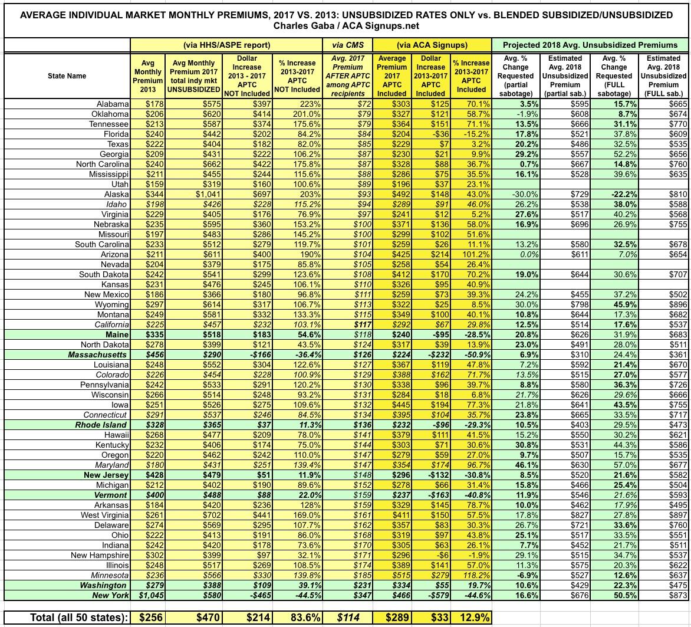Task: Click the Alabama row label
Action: pyautogui.click(x=113, y=104)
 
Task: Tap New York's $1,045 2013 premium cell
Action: pyautogui.click(x=146, y=596)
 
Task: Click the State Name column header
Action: pyautogui.click(x=67, y=76)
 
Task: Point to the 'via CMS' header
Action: pyautogui.click(x=348, y=45)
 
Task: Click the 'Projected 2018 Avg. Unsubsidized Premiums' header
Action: pyautogui.click(x=590, y=45)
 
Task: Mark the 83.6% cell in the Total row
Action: pyautogui.click(x=298, y=617)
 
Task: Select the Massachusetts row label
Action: pyautogui.click(x=97, y=355)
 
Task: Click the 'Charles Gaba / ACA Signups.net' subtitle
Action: pyautogui.click(x=345, y=26)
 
